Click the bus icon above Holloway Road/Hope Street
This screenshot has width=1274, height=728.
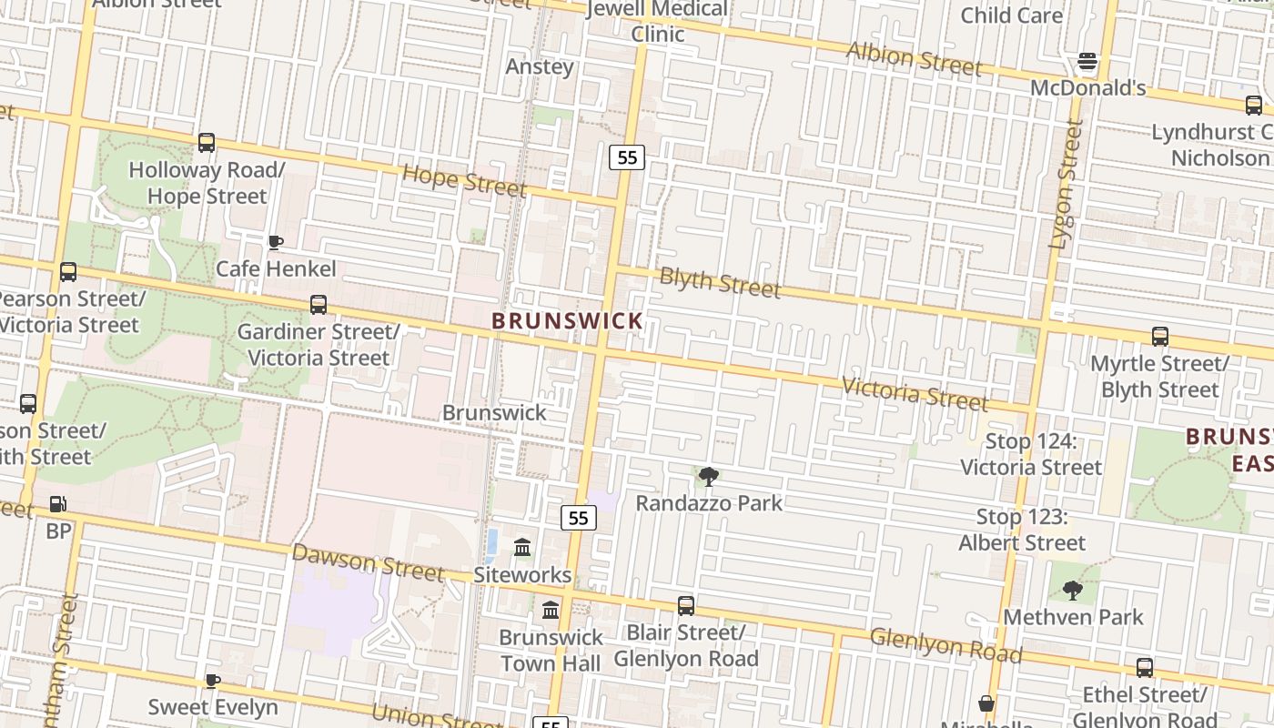(x=207, y=143)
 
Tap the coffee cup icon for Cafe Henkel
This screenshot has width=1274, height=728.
(x=275, y=242)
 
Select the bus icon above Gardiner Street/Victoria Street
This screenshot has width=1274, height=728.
(x=318, y=305)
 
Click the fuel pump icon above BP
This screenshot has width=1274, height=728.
(x=57, y=503)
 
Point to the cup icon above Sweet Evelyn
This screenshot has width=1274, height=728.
(x=212, y=681)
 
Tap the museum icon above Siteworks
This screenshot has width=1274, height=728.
(x=522, y=548)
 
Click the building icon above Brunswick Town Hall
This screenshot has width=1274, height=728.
(x=551, y=610)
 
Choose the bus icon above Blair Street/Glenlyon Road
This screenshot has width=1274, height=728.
(x=686, y=605)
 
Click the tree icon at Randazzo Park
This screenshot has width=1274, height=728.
(x=708, y=476)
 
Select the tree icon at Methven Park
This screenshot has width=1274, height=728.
(x=1073, y=591)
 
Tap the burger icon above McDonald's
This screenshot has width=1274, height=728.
(x=1087, y=62)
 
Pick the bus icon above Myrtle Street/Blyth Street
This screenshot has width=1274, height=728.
(x=1159, y=337)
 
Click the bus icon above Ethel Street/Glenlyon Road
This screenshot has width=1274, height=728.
(x=1145, y=668)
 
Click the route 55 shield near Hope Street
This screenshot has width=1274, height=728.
(x=627, y=157)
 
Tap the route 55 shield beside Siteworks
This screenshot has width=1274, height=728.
(x=578, y=519)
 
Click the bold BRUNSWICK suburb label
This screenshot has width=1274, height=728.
(x=568, y=321)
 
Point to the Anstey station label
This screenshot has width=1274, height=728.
(x=540, y=66)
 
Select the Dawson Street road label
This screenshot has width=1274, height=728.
(x=368, y=562)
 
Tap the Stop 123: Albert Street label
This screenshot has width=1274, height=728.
(x=1022, y=530)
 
